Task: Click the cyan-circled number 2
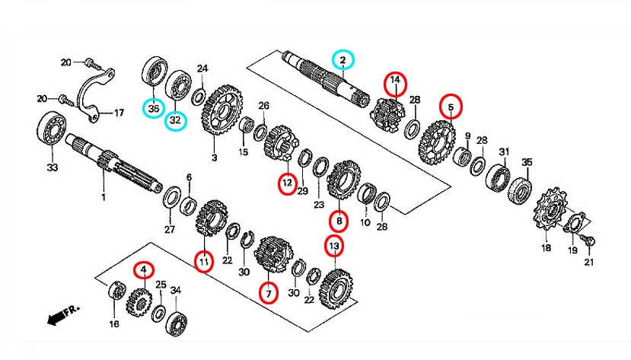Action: coord(343,59)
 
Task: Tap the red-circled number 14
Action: coord(395,81)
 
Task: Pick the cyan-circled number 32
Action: coord(176,119)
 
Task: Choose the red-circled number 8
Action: coord(338,221)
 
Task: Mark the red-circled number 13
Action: coord(334,246)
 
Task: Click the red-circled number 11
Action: coord(203,261)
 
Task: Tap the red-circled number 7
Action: coord(267,291)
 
